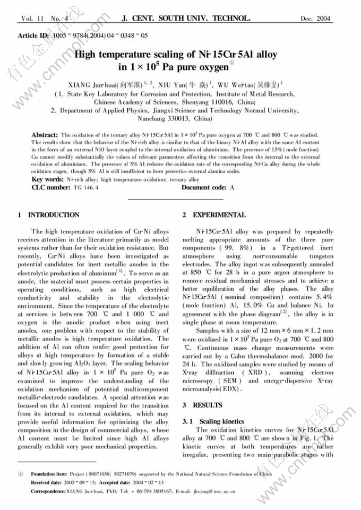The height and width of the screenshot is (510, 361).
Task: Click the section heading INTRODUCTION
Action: tap(53, 215)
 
